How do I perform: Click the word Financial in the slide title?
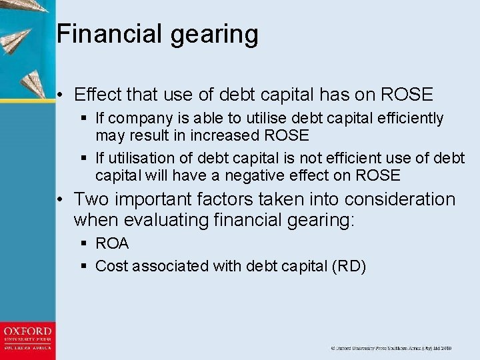click(x=99, y=33)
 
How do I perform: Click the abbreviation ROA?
click(x=112, y=244)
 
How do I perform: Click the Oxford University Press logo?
click(x=27, y=339)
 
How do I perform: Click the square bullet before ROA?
click(x=84, y=245)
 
